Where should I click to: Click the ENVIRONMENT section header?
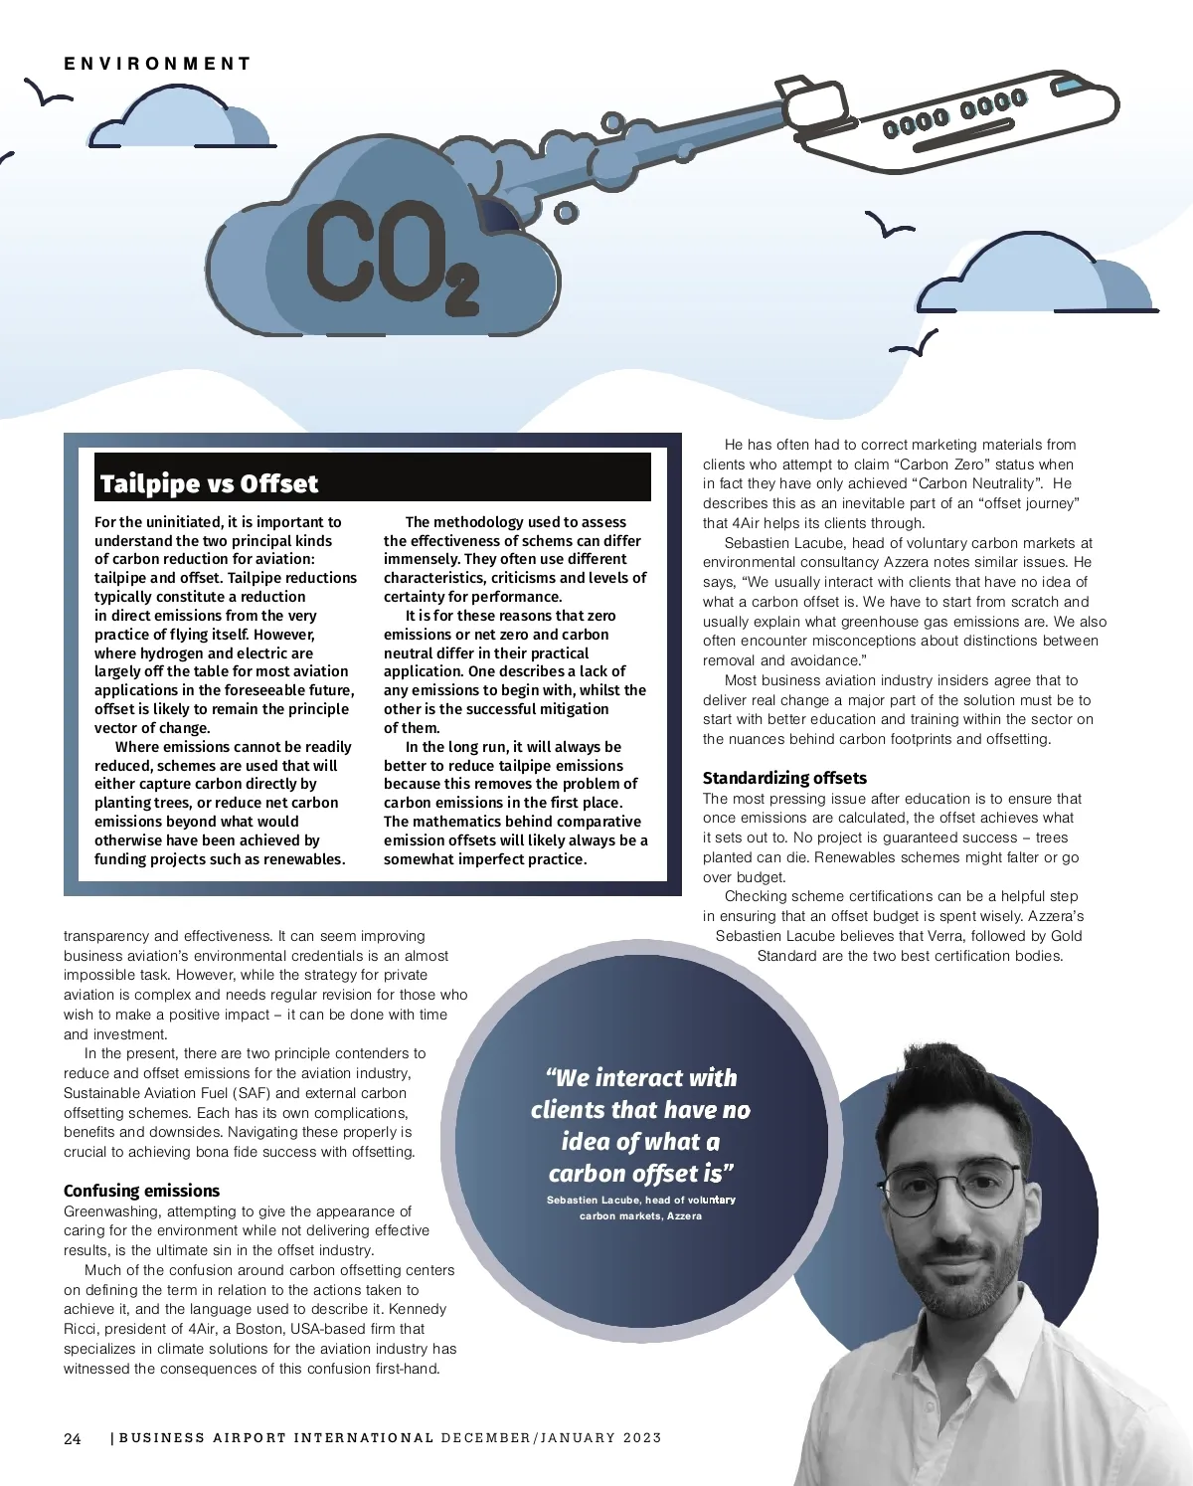pos(157,64)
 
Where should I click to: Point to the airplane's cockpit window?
pos(1068,87)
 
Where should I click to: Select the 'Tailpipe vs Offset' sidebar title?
pos(209,483)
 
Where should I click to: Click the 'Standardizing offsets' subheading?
pos(784,778)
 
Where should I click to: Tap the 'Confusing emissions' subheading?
pos(141,1191)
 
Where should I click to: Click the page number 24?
pos(73,1438)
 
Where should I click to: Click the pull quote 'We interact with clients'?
pos(640,1125)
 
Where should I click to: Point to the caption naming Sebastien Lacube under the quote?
pos(640,1207)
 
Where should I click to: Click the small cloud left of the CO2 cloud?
pos(179,119)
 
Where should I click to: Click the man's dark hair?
pos(944,1089)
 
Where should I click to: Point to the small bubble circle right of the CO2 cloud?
pos(566,212)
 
